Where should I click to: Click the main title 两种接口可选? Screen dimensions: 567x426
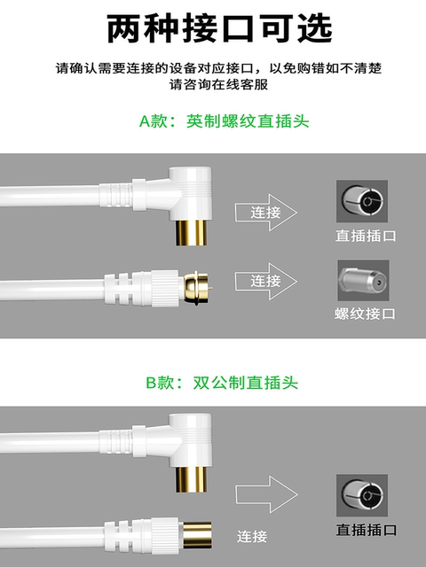213,28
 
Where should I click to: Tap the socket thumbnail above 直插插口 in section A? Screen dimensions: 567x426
361,202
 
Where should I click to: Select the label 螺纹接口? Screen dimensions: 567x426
365,313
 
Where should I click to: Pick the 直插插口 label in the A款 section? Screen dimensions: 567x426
365,236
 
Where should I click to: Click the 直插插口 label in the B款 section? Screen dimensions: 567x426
365,528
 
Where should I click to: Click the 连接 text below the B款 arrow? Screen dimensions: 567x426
253,536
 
